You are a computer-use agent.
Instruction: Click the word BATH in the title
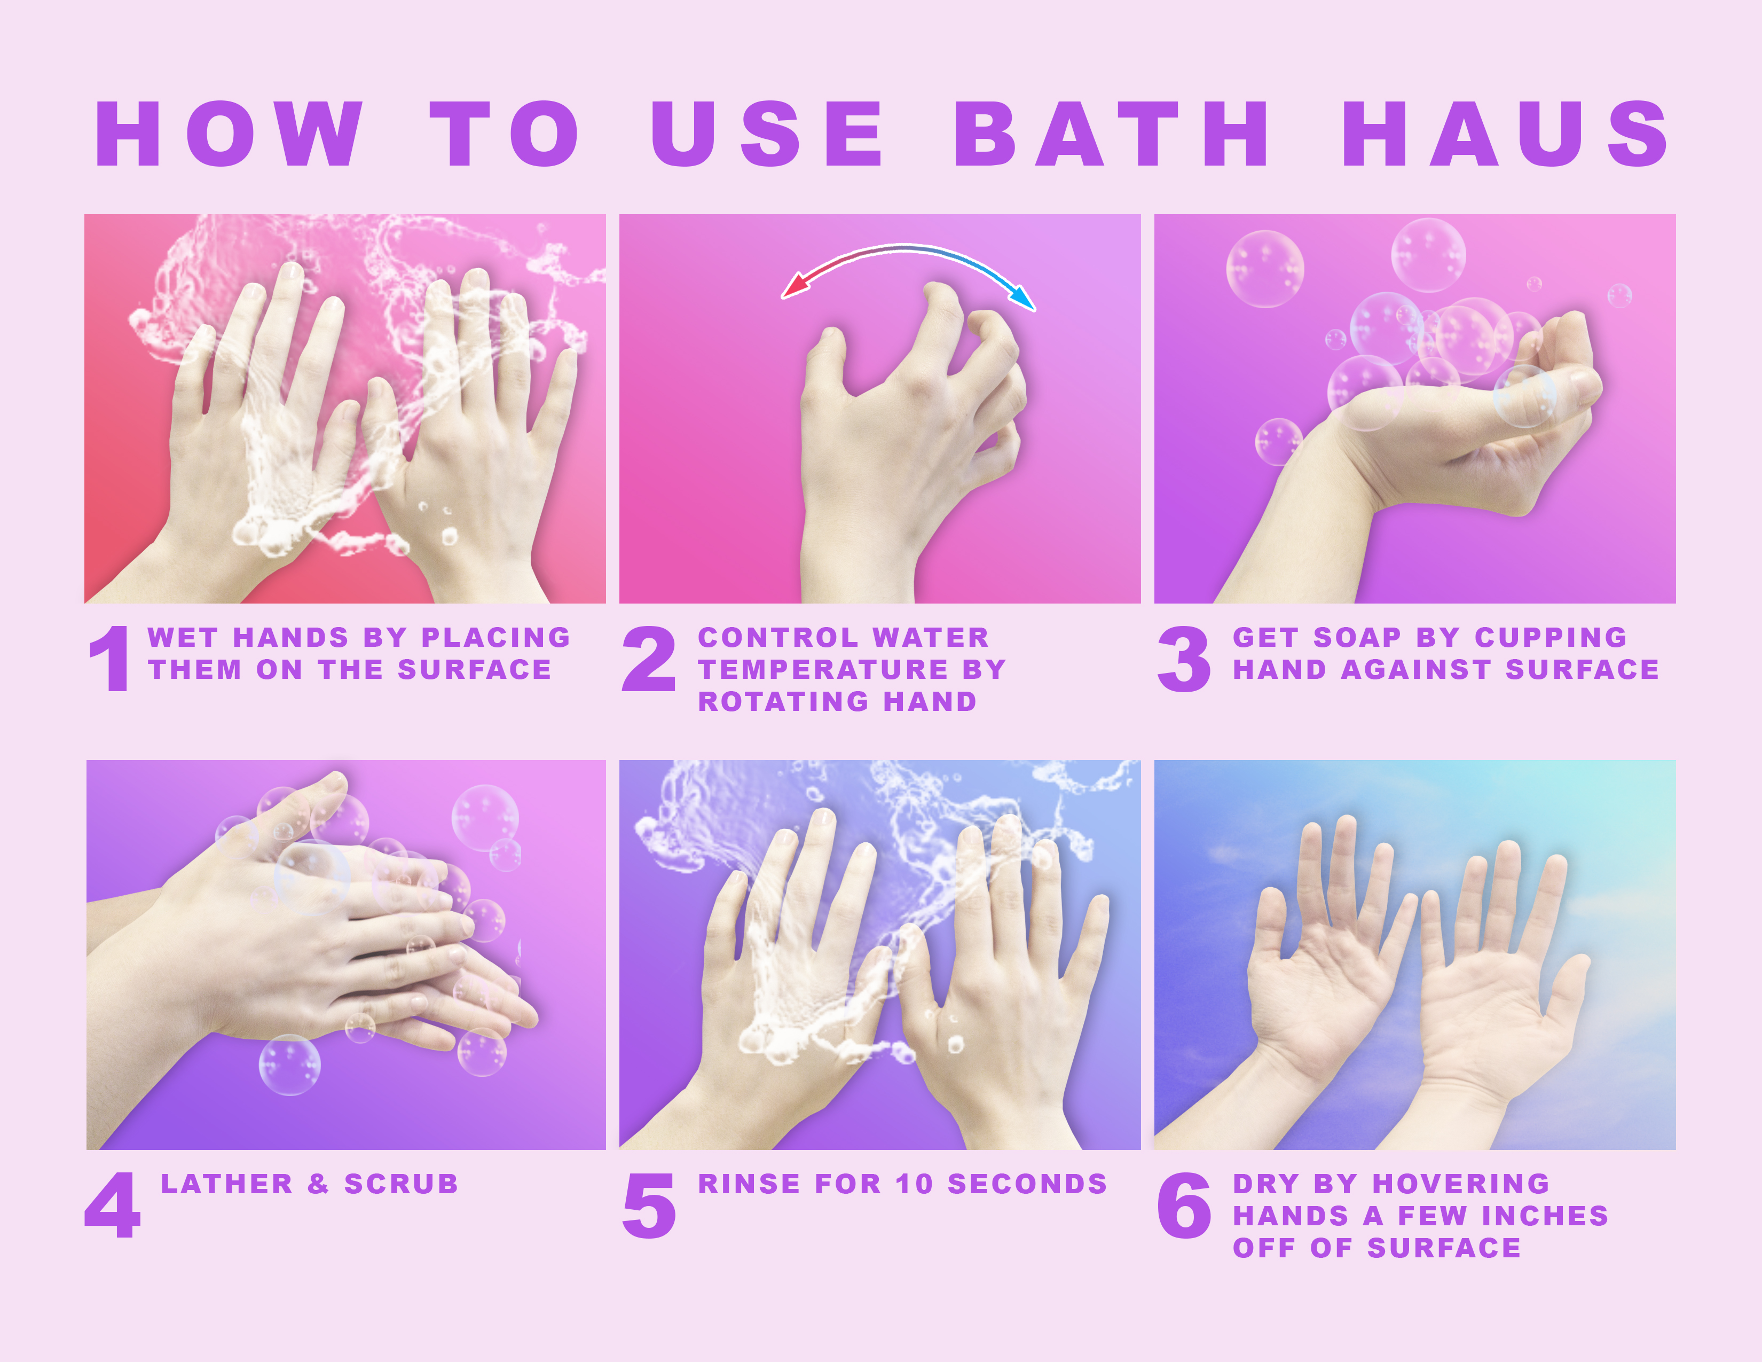pyautogui.click(x=1111, y=134)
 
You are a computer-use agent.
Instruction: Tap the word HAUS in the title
pyautogui.click(x=1506, y=134)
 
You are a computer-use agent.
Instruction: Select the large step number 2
pyautogui.click(x=649, y=659)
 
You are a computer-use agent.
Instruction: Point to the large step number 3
pyautogui.click(x=1184, y=659)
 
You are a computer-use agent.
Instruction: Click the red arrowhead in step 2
pyautogui.click(x=795, y=286)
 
